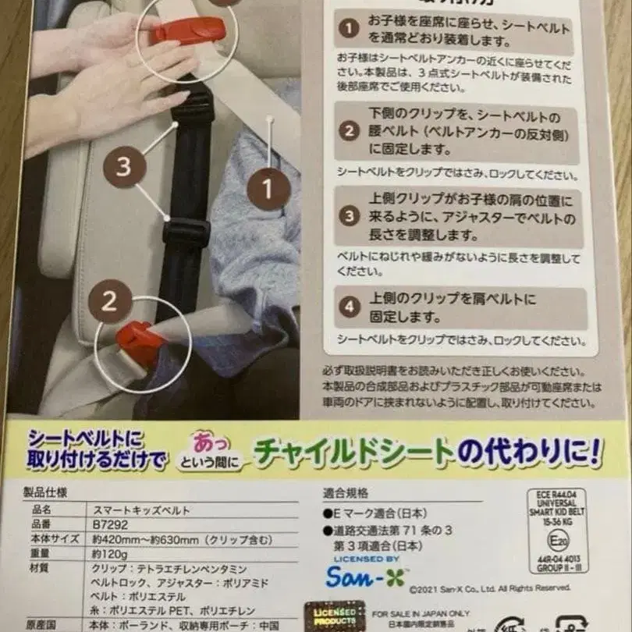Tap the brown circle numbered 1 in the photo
coord(269,189)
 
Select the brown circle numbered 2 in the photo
coord(109,301)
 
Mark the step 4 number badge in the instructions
coord(349,306)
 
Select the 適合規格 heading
coord(346,492)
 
